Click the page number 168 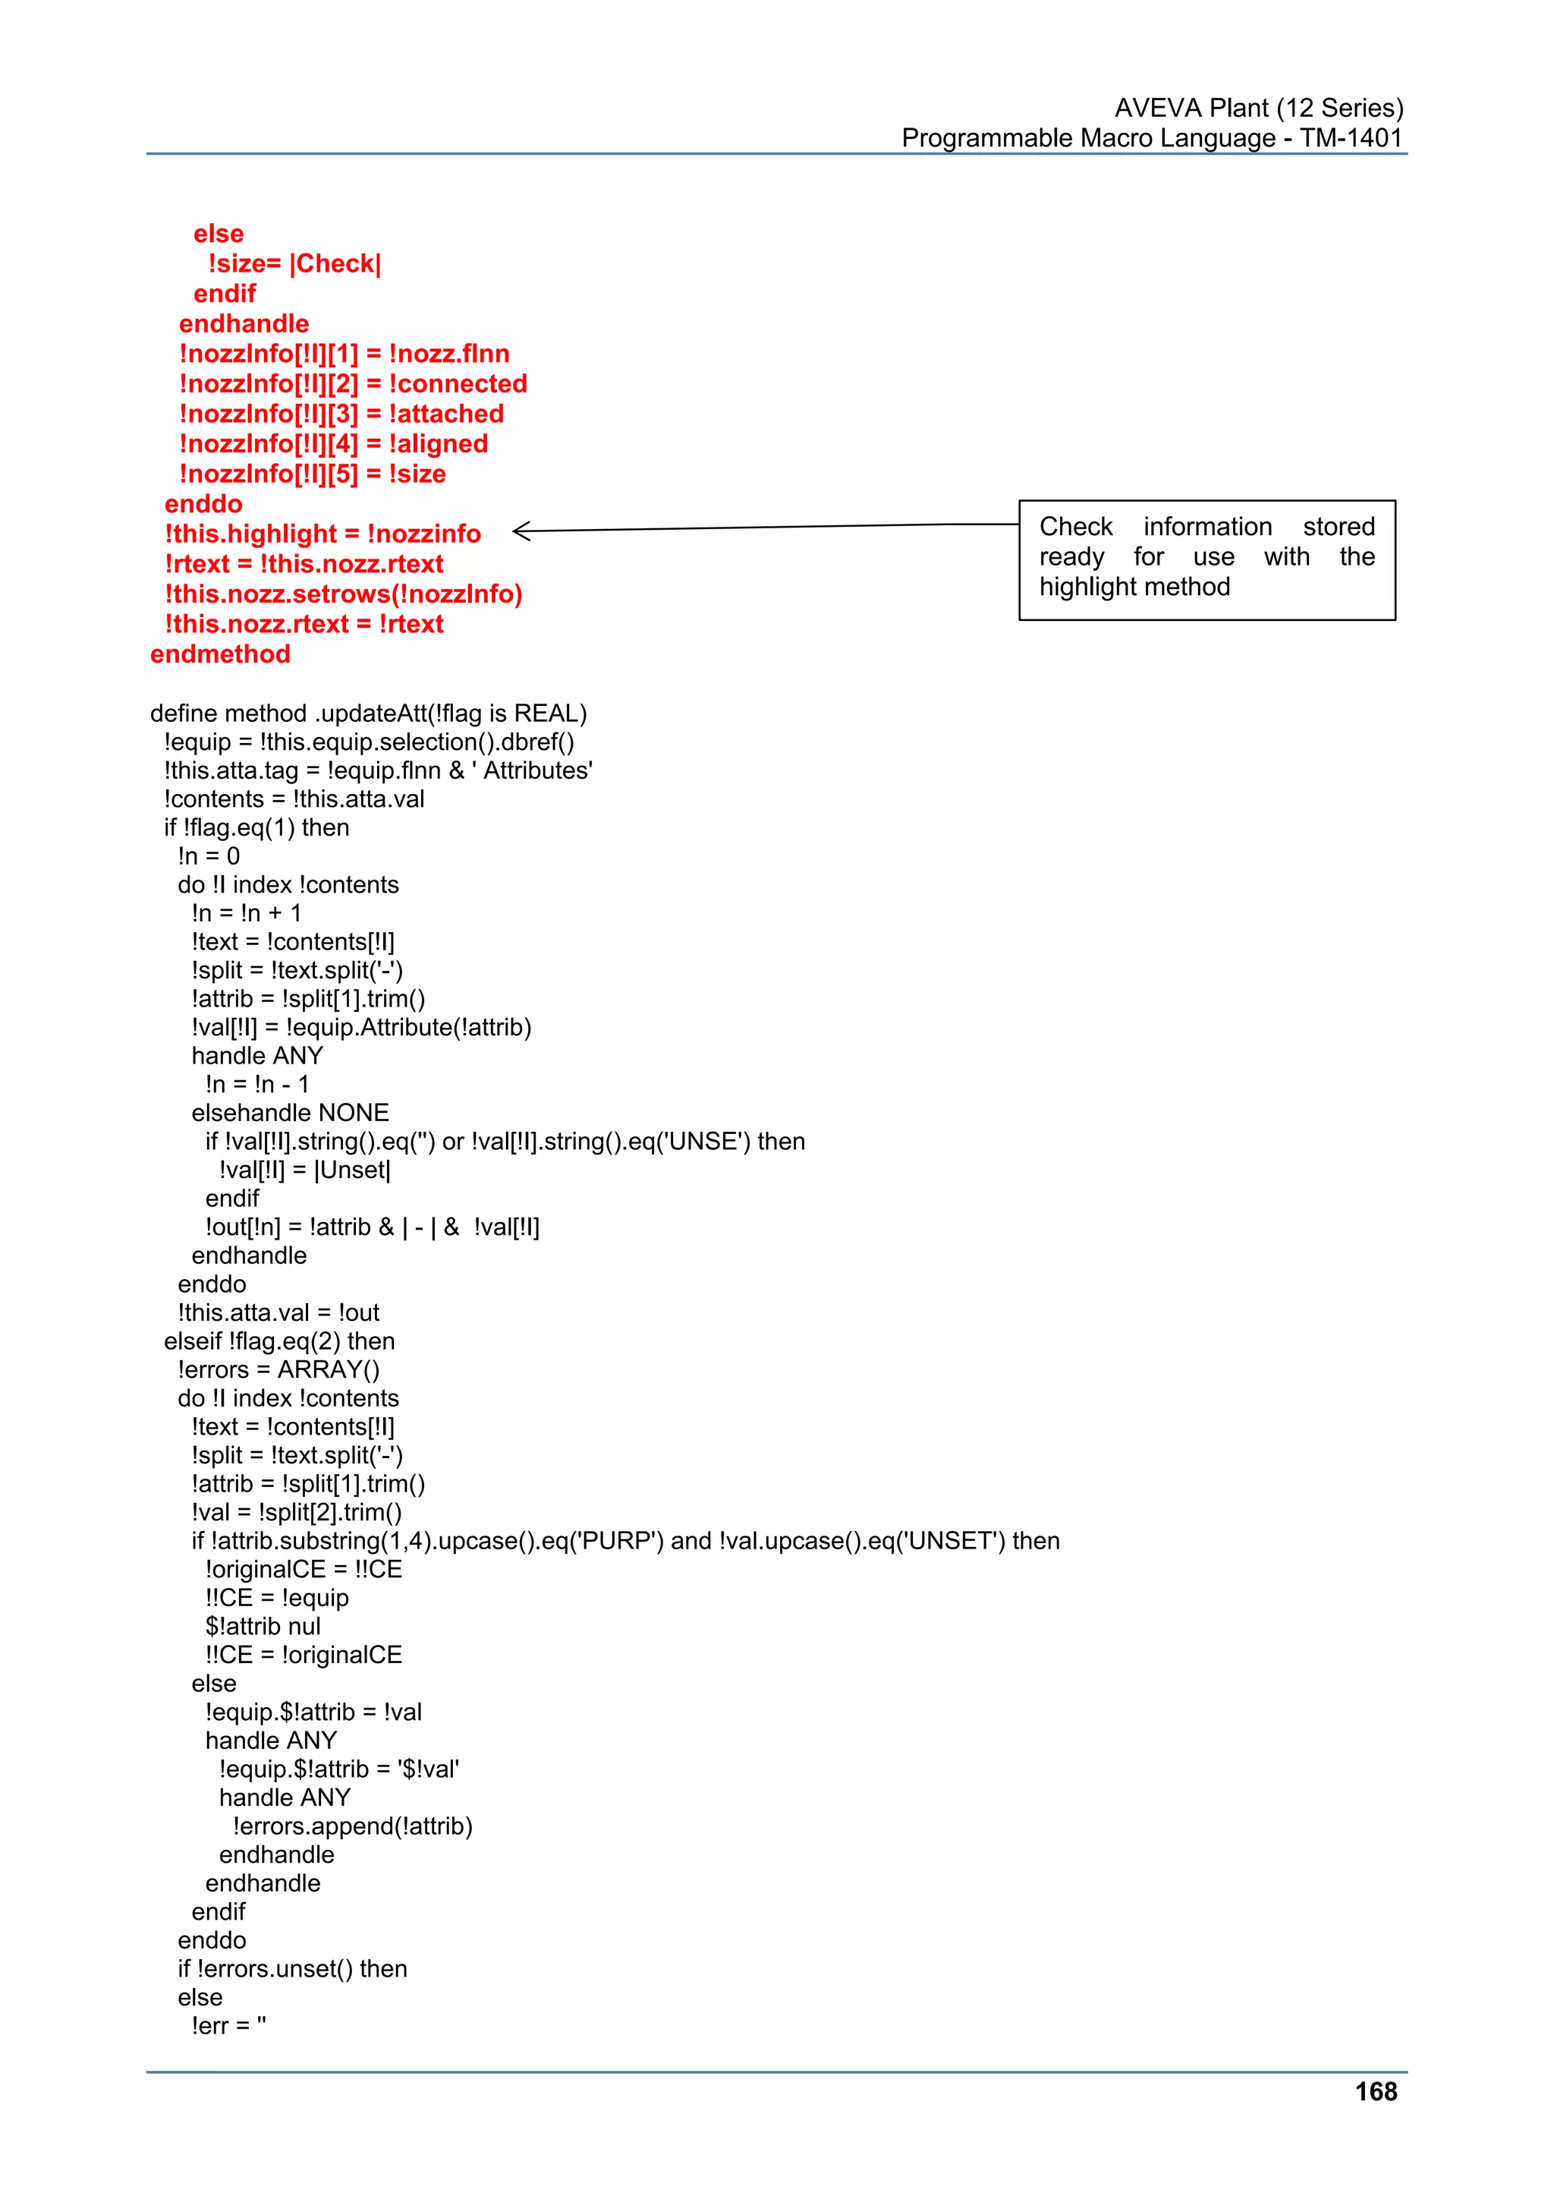[1375, 2092]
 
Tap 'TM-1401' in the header [1350, 138]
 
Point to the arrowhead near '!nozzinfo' [519, 531]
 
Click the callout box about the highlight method [1206, 559]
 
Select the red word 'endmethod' [220, 654]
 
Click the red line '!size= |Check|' [294, 263]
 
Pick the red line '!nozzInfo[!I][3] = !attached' [341, 414]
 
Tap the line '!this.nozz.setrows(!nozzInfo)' [343, 594]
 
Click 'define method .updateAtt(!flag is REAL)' [369, 714]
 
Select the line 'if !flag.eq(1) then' [256, 827]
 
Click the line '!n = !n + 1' [246, 912]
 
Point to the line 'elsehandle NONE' [290, 1113]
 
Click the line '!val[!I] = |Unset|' [304, 1170]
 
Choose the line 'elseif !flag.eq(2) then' [279, 1341]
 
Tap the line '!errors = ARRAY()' [278, 1369]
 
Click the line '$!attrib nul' [263, 1626]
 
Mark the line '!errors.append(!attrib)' [352, 1826]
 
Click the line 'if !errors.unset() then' [292, 1969]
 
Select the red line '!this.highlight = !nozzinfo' [322, 534]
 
